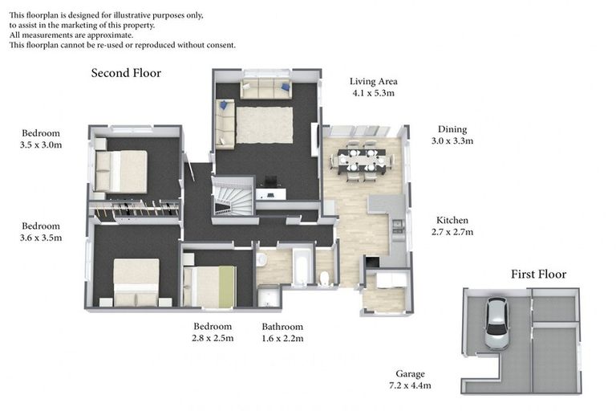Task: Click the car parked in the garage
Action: coord(496,323)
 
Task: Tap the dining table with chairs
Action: coord(362,159)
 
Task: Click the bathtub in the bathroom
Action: coord(302,268)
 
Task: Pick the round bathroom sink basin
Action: coord(261,260)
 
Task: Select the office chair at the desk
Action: coord(270,183)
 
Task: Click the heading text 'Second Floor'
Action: coord(126,73)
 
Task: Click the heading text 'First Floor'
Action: coord(538,275)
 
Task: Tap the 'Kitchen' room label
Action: coord(452,220)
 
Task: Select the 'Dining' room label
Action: coord(452,129)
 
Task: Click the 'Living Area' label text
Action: coord(373,81)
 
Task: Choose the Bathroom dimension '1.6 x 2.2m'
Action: coord(282,338)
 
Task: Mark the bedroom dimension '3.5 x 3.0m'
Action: coord(42,145)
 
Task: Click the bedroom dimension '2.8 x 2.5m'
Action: coord(213,338)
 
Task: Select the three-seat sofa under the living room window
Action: coord(265,89)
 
